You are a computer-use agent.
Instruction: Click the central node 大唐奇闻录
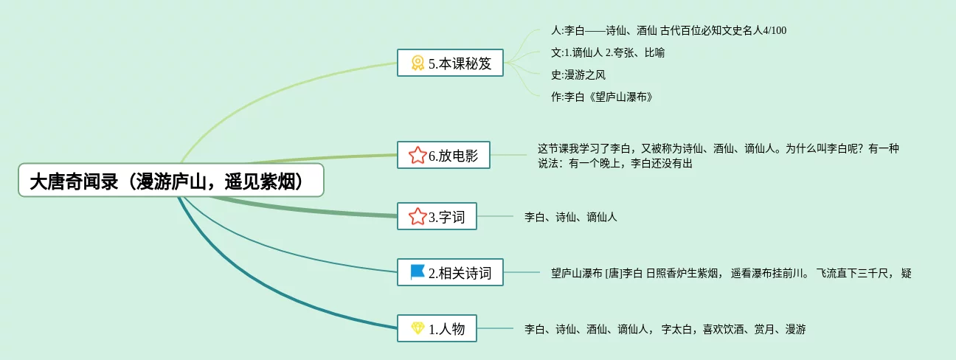(x=171, y=181)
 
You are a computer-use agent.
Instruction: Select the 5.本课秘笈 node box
(x=449, y=63)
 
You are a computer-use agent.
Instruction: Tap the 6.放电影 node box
(x=443, y=155)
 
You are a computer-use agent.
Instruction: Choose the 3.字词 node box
(x=437, y=216)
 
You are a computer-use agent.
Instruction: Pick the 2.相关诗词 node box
(x=449, y=273)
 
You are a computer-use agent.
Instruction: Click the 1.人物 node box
(x=437, y=329)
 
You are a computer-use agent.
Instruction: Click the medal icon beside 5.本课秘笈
(x=418, y=63)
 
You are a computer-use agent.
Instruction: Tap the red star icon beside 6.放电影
(x=417, y=155)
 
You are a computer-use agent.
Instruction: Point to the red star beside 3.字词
(x=417, y=216)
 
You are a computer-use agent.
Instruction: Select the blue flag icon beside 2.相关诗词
(x=418, y=272)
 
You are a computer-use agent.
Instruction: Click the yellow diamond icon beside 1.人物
(x=418, y=329)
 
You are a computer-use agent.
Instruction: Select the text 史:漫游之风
(x=578, y=75)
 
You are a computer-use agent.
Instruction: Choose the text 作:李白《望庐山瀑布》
(x=601, y=97)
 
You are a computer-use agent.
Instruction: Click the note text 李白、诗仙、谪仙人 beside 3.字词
(x=570, y=217)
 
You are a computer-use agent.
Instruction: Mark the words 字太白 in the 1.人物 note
(x=676, y=329)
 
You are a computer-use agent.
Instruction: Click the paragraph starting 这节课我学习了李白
(x=718, y=156)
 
